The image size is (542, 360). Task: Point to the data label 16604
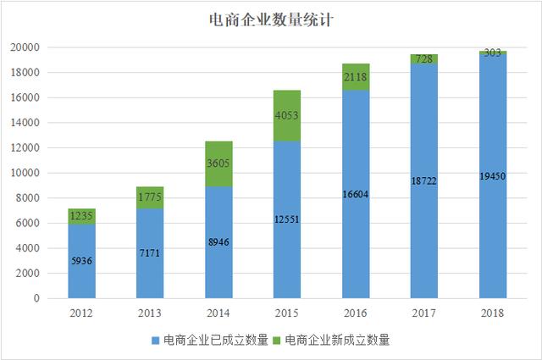[356, 195]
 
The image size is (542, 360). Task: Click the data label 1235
[81, 216]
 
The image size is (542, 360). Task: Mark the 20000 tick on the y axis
[33, 47]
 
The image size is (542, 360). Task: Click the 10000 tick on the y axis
[33, 173]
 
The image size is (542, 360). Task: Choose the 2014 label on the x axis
[218, 312]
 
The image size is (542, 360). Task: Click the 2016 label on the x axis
[356, 312]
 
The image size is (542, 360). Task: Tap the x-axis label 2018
[494, 312]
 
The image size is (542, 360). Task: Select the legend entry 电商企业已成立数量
[215, 341]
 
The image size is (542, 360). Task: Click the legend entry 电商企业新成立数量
[338, 341]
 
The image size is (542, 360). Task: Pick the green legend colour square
[279, 341]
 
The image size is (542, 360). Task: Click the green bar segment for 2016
[356, 76]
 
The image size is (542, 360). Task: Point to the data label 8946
[218, 242]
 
